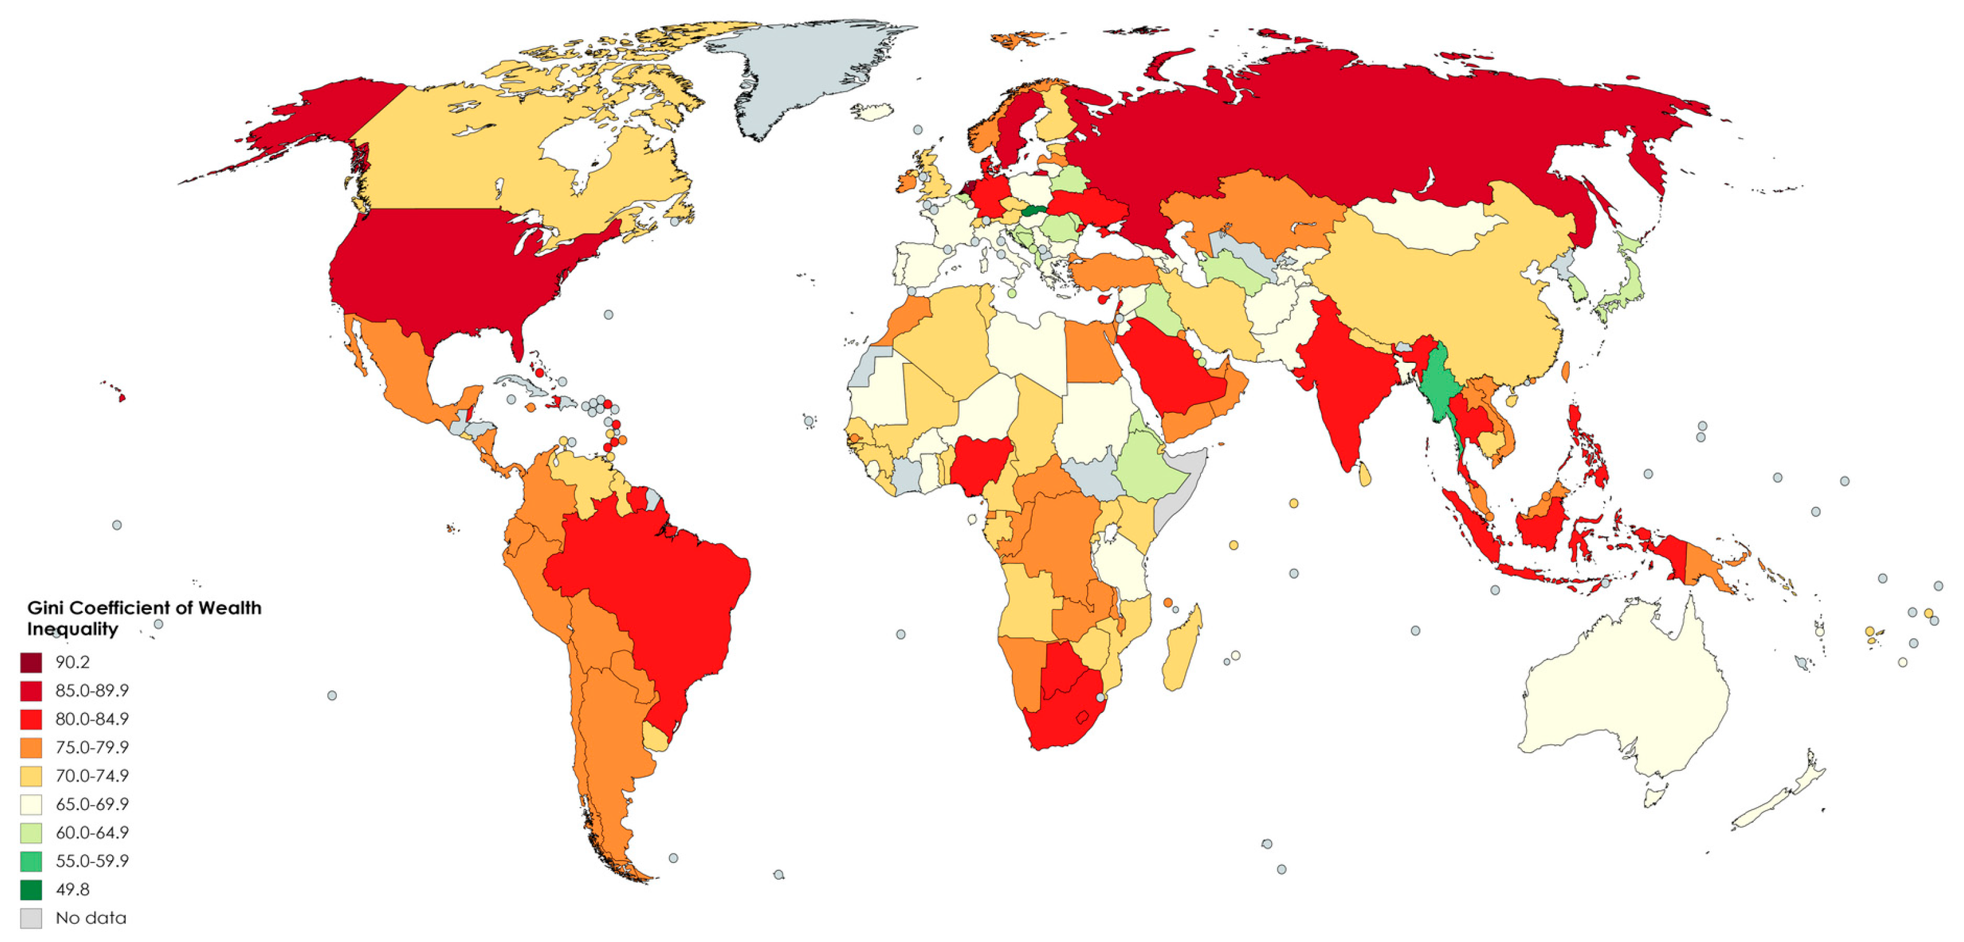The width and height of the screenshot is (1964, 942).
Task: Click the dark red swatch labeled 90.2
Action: pos(31,662)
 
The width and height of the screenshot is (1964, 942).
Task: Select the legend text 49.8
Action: pos(72,890)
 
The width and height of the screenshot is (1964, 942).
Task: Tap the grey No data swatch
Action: pos(31,918)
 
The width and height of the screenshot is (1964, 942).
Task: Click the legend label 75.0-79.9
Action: pos(92,747)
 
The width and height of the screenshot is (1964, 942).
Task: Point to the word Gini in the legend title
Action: pos(44,608)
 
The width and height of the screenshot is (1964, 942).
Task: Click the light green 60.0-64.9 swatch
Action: pos(31,832)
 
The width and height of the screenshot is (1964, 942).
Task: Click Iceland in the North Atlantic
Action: pos(873,112)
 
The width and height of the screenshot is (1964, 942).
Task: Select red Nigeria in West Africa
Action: pos(980,462)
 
